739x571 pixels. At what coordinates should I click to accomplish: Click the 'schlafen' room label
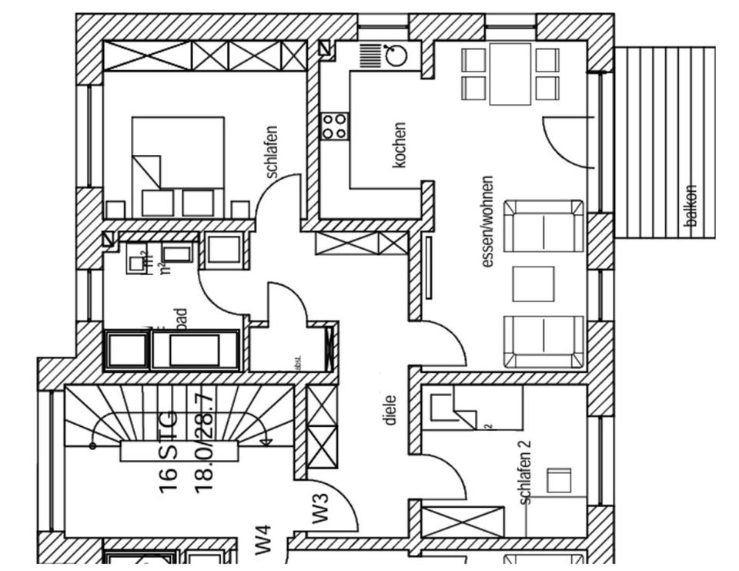pyautogui.click(x=271, y=153)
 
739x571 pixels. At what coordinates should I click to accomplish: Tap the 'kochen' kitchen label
pyautogui.click(x=399, y=146)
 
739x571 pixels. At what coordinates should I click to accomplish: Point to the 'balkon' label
pyautogui.click(x=691, y=206)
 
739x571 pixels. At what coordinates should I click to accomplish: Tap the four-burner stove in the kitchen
pyautogui.click(x=335, y=126)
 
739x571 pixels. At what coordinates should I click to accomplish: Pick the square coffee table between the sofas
pyautogui.click(x=533, y=284)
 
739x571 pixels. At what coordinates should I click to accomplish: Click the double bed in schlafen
pyautogui.click(x=178, y=166)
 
